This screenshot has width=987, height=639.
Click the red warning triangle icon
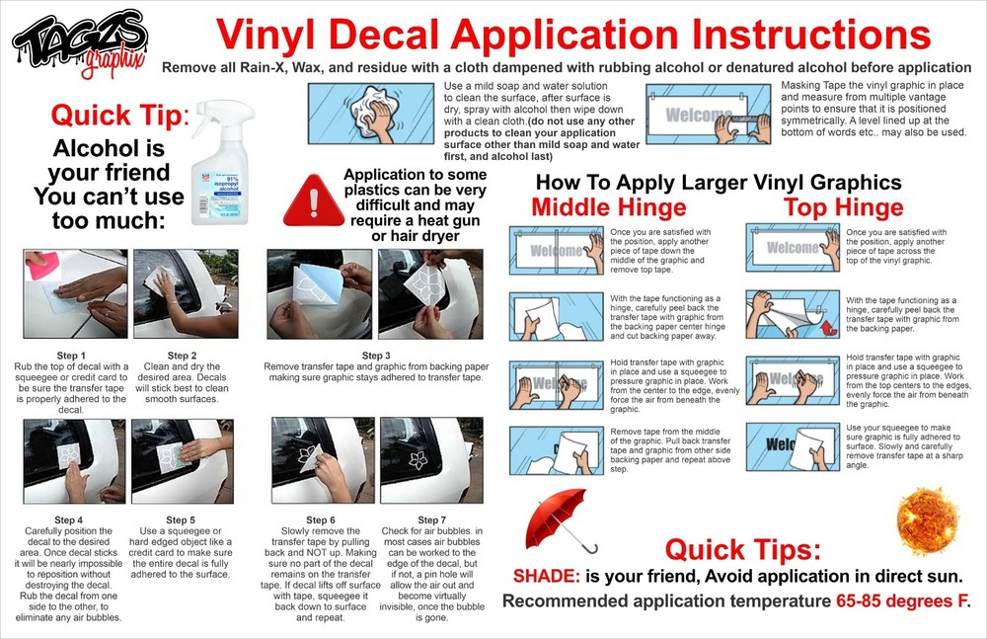[313, 201]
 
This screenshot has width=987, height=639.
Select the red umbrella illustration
[558, 519]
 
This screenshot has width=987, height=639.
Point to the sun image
[927, 520]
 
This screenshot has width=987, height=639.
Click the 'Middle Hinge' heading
[609, 207]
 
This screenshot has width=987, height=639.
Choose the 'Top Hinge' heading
[844, 207]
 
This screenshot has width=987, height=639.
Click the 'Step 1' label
[70, 357]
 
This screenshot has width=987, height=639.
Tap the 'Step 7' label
[432, 520]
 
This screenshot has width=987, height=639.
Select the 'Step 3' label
[376, 357]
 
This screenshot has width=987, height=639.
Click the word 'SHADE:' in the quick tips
[547, 577]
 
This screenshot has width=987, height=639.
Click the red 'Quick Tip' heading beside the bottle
[119, 116]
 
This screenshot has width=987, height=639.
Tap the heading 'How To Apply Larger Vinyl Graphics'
[719, 183]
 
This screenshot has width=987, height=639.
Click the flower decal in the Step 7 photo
[418, 460]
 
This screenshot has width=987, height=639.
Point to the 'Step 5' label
[181, 520]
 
